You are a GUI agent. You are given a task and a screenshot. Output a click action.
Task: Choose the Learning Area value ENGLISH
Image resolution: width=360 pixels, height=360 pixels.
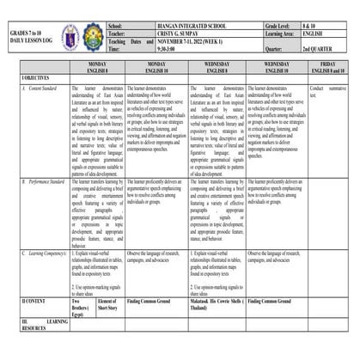(315, 35)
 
